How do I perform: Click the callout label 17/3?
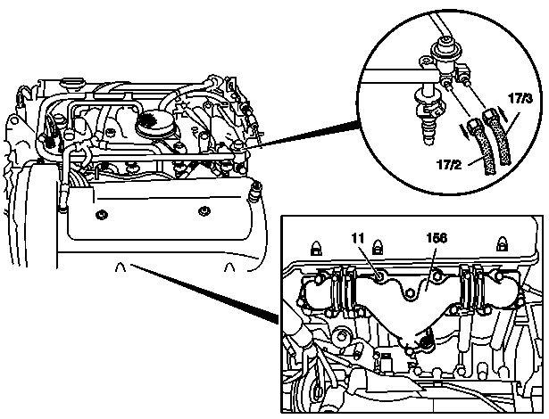pyautogui.click(x=520, y=99)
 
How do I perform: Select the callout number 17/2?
pyautogui.click(x=449, y=164)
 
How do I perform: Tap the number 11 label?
pyautogui.click(x=358, y=238)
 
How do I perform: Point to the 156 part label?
pyautogui.click(x=437, y=238)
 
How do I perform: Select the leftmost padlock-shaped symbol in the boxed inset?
pyautogui.click(x=316, y=248)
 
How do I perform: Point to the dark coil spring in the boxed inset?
pyautogui.click(x=425, y=340)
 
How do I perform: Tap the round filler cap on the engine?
pyautogui.click(x=153, y=123)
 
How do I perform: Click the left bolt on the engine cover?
pyautogui.click(x=101, y=214)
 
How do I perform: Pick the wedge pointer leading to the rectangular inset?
pyautogui.click(x=204, y=294)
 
